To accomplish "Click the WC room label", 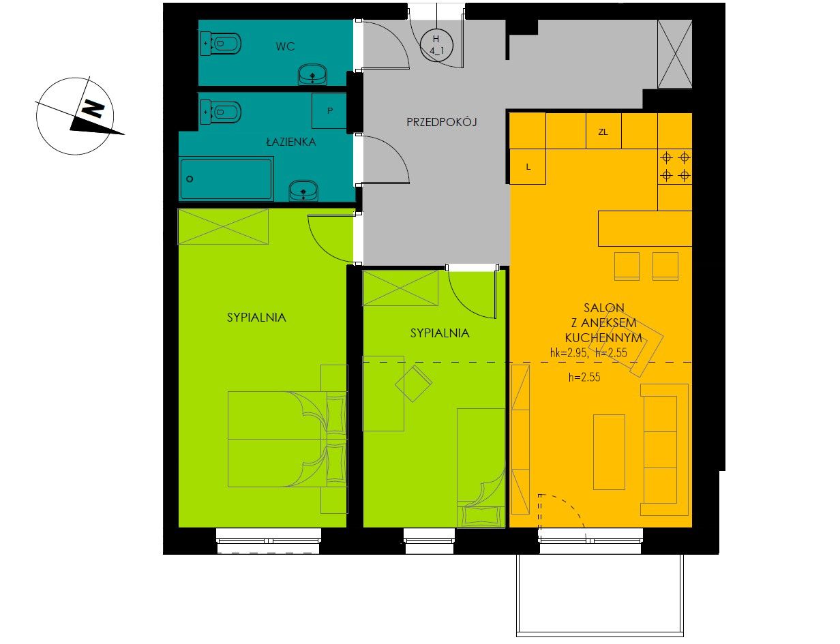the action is (285, 47).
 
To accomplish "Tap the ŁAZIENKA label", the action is (291, 142).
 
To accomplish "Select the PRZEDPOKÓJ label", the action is (441, 122).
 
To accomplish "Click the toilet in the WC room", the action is (221, 44).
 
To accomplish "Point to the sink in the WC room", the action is (312, 74).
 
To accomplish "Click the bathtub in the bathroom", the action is (226, 179).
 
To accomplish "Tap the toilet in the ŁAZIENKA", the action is (221, 112).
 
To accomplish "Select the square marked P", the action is (329, 111).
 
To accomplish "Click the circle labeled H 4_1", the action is (436, 45).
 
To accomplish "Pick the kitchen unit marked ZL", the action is (603, 131).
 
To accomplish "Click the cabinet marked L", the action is (528, 166).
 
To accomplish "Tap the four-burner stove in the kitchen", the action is (675, 167).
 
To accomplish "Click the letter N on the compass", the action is (93, 109).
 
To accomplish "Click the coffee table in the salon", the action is (610, 452).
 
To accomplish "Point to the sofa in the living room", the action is (664, 450).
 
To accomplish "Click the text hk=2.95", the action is (569, 353).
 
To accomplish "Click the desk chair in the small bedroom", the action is (414, 383).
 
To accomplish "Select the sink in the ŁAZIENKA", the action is (303, 190).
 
